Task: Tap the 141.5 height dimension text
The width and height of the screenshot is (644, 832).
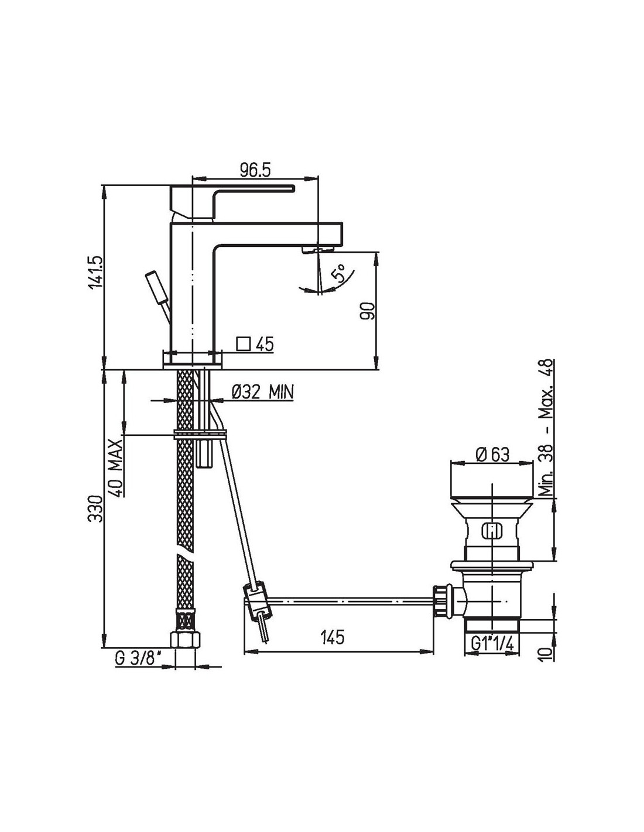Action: [x=96, y=271]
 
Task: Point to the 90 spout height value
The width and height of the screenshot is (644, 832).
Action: [x=366, y=311]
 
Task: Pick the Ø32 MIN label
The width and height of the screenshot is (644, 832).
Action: [x=263, y=391]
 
